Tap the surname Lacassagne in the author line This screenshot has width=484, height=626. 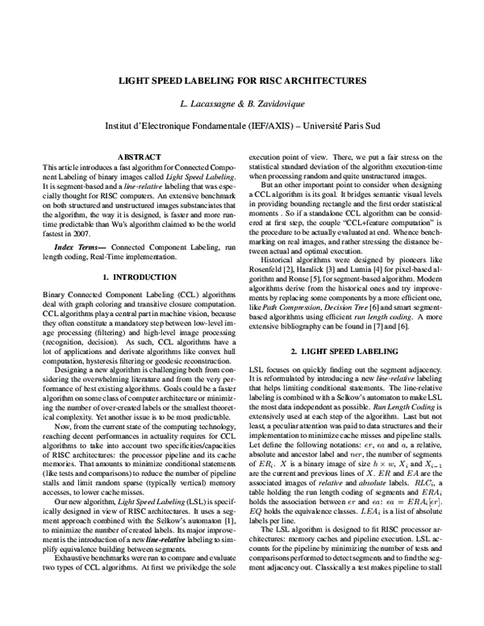[223, 105]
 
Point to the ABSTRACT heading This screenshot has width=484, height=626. [140, 156]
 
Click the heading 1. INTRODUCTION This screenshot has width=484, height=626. [140, 277]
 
